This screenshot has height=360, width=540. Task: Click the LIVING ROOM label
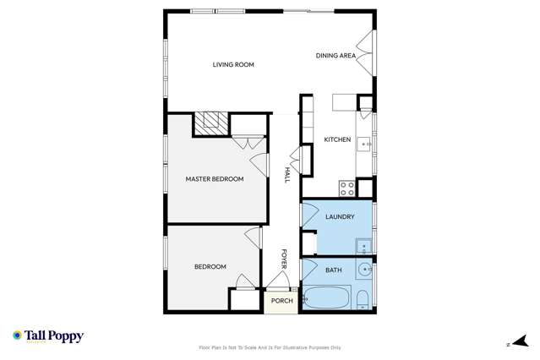[233, 64]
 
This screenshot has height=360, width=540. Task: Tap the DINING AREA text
[335, 56]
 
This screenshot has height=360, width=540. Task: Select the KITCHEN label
[337, 139]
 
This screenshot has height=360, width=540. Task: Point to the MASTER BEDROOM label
[215, 178]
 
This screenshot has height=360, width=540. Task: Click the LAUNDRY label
[339, 217]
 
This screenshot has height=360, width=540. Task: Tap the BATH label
[334, 270]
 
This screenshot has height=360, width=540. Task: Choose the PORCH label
[282, 300]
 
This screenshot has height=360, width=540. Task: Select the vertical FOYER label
[284, 259]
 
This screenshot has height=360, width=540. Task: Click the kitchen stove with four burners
[346, 187]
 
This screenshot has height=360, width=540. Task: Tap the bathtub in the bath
[326, 298]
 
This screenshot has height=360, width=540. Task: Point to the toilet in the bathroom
[362, 298]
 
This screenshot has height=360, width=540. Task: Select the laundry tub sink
[363, 246]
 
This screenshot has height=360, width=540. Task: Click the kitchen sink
[366, 144]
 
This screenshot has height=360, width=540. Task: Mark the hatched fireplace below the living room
[210, 124]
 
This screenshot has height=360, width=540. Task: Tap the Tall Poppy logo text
[53, 336]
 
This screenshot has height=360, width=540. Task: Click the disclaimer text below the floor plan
[270, 346]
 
